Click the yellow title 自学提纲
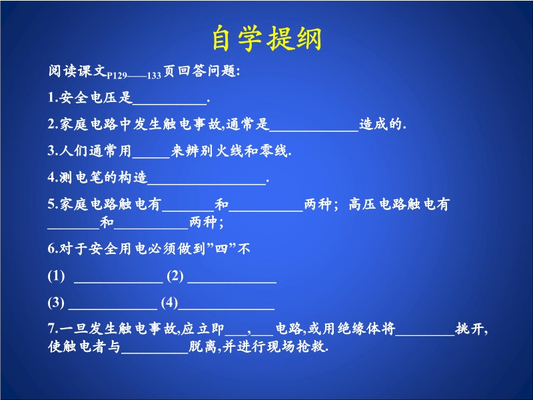[267, 38]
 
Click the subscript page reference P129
[117, 75]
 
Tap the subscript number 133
[154, 75]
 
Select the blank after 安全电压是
[170, 103]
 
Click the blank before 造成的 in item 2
[314, 130]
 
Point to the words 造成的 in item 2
[380, 124]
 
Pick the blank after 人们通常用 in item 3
[151, 157]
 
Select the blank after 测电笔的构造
[207, 183]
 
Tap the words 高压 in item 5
[362, 204]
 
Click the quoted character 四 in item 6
[221, 249]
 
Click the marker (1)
[56, 275]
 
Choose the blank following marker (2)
[232, 282]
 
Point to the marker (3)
[56, 303]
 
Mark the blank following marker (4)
[227, 309]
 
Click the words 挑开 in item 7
[470, 329]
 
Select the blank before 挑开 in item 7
[425, 335]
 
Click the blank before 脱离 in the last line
[155, 353]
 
